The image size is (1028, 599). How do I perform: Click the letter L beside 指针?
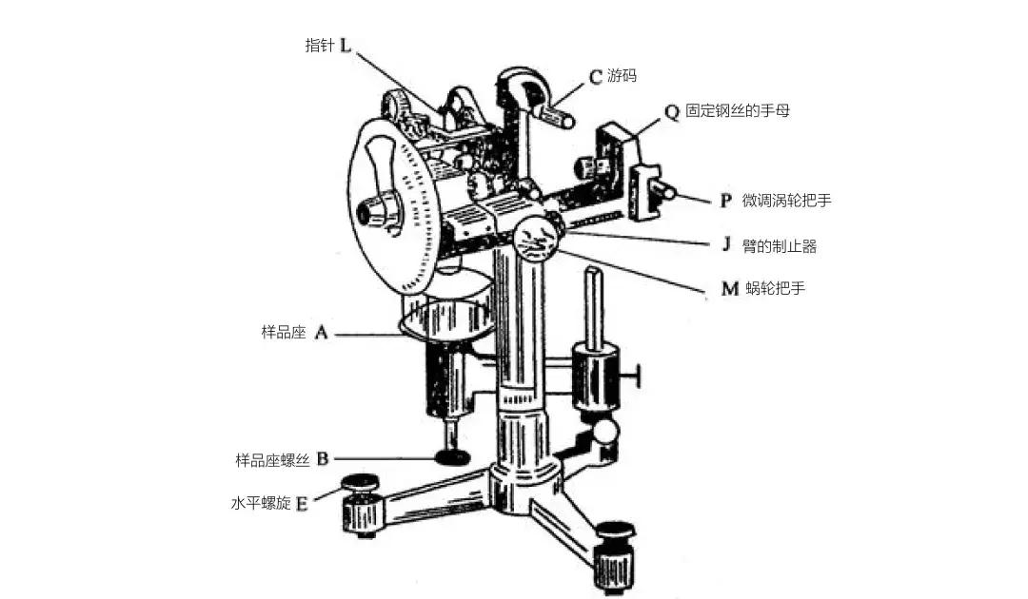pyautogui.click(x=346, y=46)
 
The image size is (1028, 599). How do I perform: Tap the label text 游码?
pyautogui.click(x=622, y=75)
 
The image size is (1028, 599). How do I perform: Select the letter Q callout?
pyautogui.click(x=672, y=112)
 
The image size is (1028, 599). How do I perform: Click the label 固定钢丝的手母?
pyautogui.click(x=738, y=110)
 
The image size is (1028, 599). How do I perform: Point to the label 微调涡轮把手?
pyautogui.click(x=787, y=201)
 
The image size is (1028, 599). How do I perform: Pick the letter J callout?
pyautogui.click(x=725, y=244)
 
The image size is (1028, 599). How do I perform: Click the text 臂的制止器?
pyautogui.click(x=780, y=246)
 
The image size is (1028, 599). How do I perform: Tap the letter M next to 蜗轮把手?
pyautogui.click(x=730, y=288)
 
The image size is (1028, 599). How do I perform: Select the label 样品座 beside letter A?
pyautogui.click(x=284, y=332)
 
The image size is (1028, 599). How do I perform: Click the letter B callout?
pyautogui.click(x=322, y=459)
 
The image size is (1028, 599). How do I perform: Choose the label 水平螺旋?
pyautogui.click(x=261, y=503)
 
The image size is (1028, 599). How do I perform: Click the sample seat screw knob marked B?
pyautogui.click(x=452, y=457)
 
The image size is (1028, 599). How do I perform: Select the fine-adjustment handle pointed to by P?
pyautogui.click(x=663, y=191)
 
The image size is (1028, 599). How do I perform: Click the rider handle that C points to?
pyautogui.click(x=557, y=118)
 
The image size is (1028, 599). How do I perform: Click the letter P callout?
pyautogui.click(x=725, y=201)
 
